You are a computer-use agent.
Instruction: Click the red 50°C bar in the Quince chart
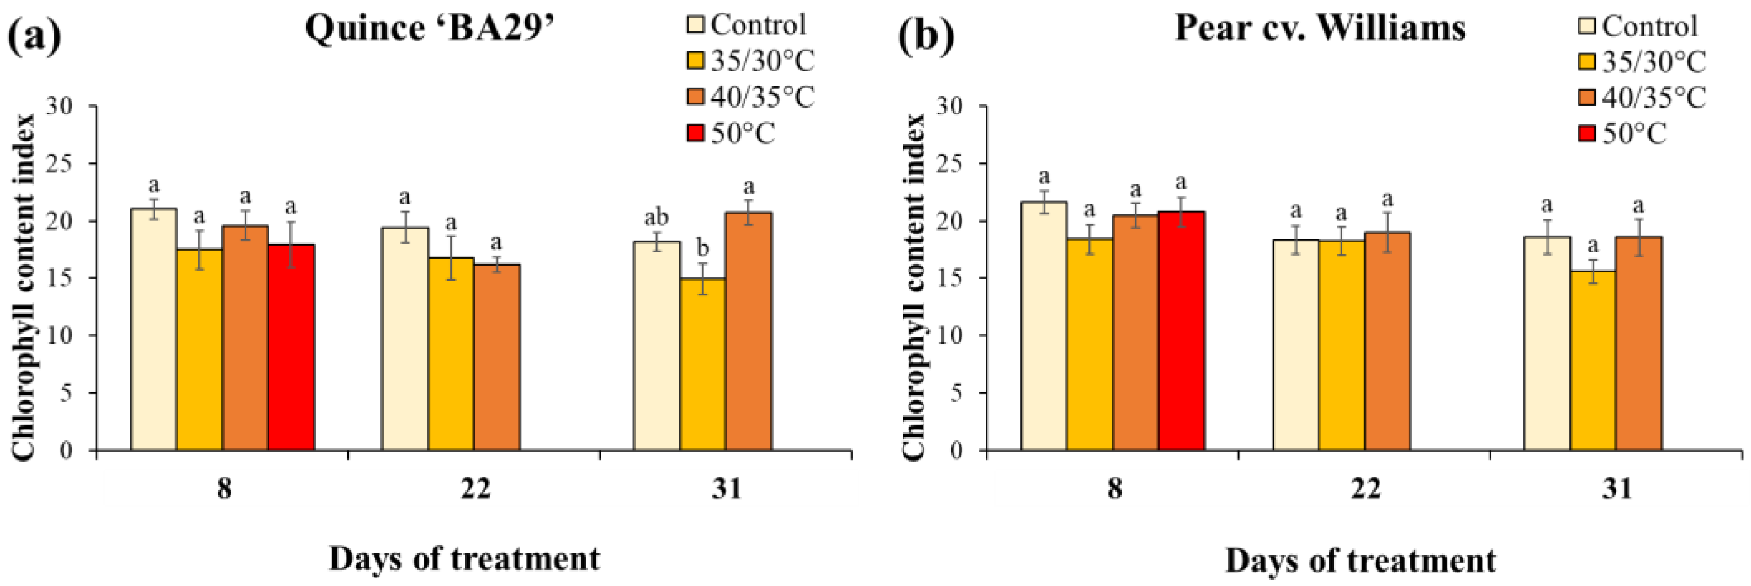click(291, 347)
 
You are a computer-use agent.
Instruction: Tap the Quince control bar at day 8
click(154, 329)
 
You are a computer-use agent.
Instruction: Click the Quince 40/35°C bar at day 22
click(497, 357)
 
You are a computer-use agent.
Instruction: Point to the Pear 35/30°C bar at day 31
click(1593, 360)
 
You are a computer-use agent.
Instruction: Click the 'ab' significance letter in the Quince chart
click(656, 218)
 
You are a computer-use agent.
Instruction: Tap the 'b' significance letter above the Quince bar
click(702, 248)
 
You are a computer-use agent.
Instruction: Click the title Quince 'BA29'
click(430, 29)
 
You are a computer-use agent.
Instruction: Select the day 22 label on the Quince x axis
click(475, 488)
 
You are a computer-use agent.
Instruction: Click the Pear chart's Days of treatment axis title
click(1360, 560)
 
